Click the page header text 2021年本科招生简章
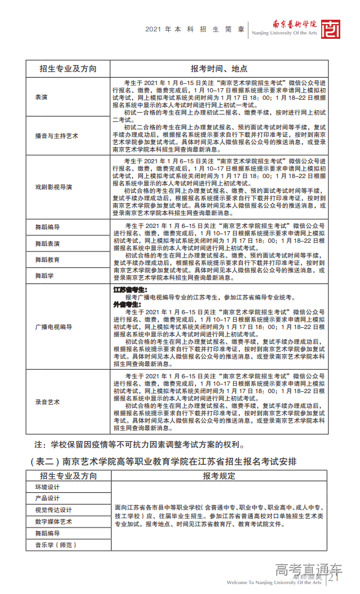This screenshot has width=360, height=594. tap(195, 29)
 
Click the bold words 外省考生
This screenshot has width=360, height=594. tap(125, 304)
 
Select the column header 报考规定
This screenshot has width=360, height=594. tap(219, 476)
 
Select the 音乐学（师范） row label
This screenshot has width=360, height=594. tap(55, 545)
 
